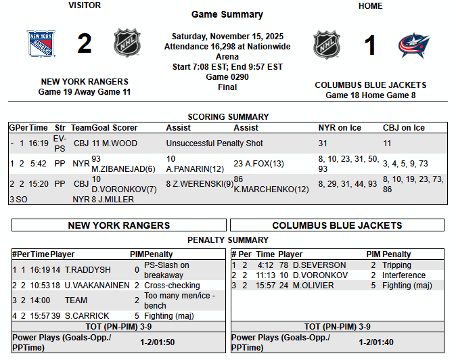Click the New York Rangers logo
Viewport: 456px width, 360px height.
pos(41,44)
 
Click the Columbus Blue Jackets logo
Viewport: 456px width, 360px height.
pos(413,45)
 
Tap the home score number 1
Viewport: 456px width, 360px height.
pos(370,45)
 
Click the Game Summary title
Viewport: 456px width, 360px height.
pos(227,14)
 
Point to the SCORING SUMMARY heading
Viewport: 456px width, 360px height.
pos(227,117)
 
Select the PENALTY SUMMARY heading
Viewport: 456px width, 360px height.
pos(227,240)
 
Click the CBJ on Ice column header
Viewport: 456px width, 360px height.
pos(403,127)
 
